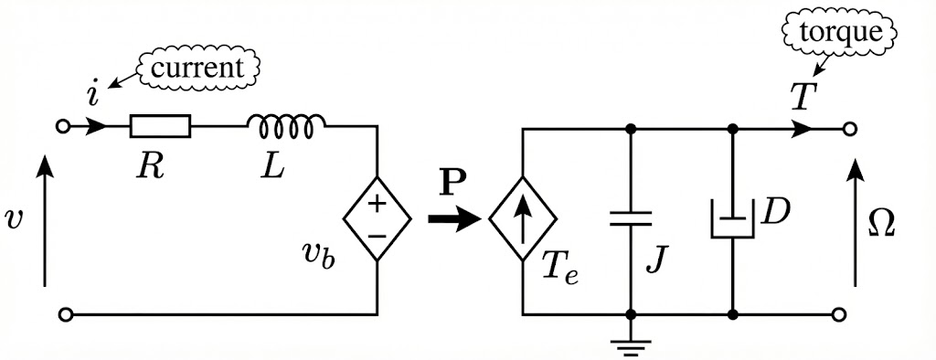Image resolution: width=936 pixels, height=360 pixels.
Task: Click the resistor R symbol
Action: coord(160,126)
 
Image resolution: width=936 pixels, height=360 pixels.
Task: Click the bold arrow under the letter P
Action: coord(453,219)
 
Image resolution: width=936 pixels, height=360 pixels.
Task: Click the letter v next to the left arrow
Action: coord(13,219)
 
